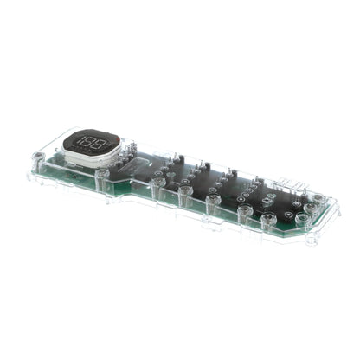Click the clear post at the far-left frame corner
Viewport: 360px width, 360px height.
(38, 159)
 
